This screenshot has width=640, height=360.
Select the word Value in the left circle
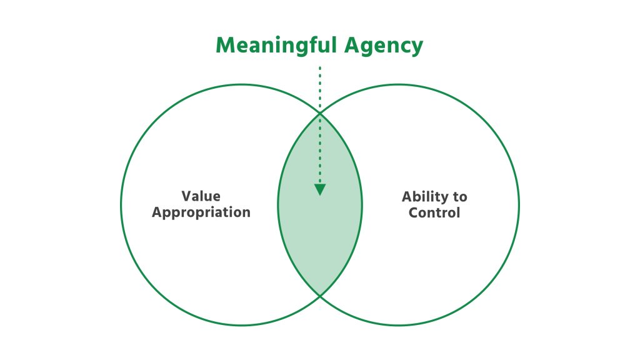click(201, 196)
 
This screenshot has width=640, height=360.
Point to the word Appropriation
click(201, 212)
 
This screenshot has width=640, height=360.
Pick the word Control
click(434, 212)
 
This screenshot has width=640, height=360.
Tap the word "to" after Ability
click(460, 197)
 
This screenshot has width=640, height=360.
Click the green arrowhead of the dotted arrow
click(320, 189)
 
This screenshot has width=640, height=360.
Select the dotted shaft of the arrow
click(320, 125)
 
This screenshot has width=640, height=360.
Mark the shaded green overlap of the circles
click(320, 237)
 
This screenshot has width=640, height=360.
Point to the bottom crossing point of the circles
click(320, 296)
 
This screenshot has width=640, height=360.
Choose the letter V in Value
click(186, 196)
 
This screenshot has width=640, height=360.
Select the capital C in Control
click(414, 212)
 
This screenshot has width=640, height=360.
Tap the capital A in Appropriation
click(157, 212)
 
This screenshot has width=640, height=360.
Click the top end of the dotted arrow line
click(320, 67)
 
